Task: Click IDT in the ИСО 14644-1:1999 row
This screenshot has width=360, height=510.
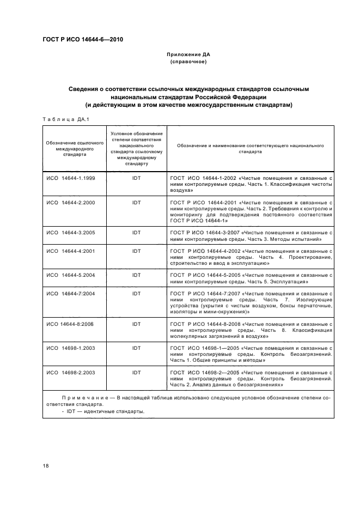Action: tap(137, 179)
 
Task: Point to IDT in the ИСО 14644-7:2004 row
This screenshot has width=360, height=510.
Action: tap(137, 294)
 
